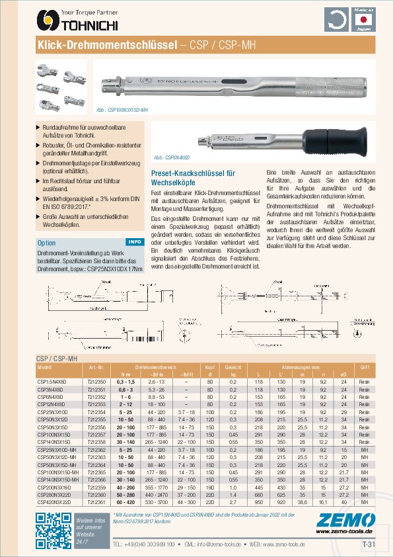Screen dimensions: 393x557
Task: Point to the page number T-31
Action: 369,544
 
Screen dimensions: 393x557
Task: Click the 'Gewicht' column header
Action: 232,366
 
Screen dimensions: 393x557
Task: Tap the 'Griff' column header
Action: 364,366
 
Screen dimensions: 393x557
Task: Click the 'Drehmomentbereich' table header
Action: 156,366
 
